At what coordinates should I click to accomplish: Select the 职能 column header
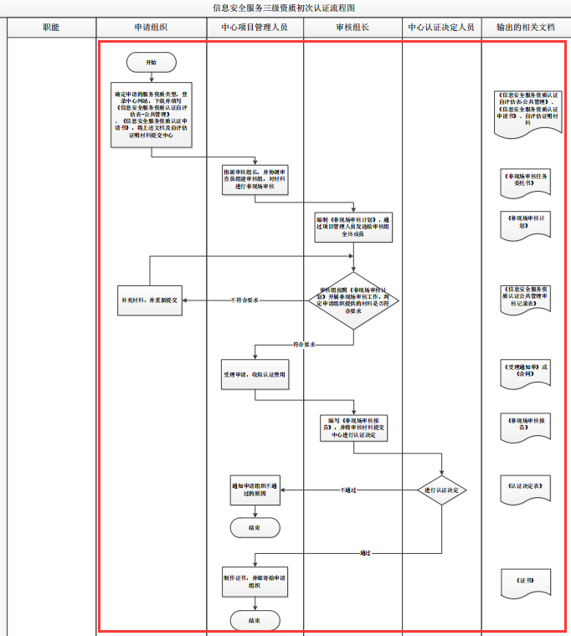51,28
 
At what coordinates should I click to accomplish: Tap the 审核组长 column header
352,28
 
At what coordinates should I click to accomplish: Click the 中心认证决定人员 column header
441,28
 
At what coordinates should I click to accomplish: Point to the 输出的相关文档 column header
525,28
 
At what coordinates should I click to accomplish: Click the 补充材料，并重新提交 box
151,300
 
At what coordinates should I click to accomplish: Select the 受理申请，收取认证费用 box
255,374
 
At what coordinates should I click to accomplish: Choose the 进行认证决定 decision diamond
442,490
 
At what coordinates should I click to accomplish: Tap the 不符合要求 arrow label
244,300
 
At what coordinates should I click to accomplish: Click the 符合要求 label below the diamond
304,344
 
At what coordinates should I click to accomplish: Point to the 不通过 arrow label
348,490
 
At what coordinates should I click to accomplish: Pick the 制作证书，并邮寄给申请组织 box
255,582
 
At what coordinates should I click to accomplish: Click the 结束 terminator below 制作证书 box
255,620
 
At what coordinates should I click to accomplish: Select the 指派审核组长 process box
255,179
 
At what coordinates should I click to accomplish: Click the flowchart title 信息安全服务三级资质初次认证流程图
285,8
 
